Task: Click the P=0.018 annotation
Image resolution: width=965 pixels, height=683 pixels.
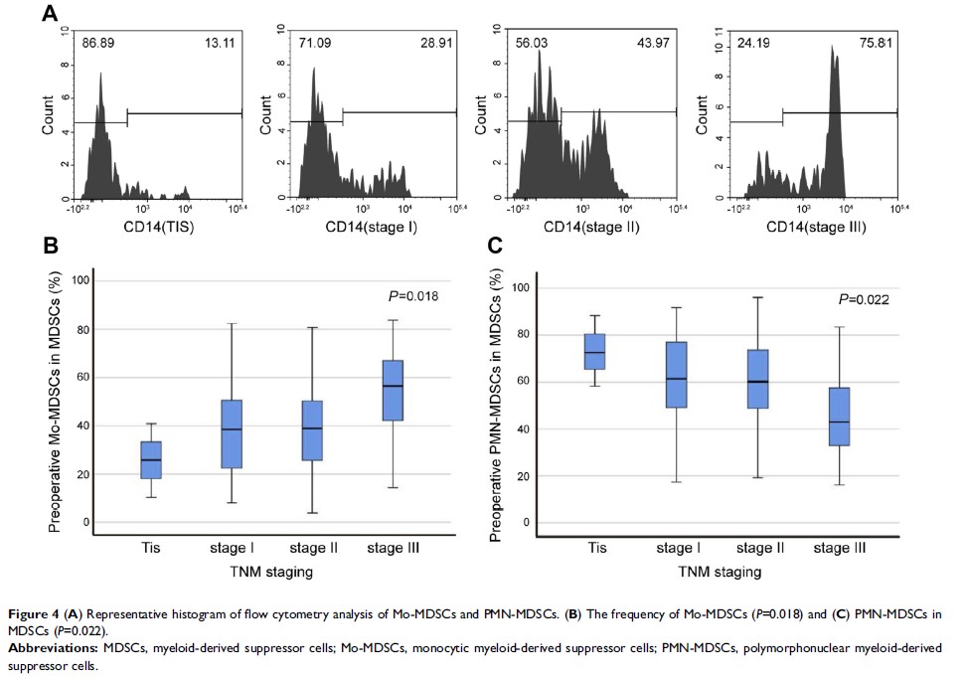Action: pos(412,295)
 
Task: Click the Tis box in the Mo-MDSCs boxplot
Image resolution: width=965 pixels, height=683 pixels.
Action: pos(150,460)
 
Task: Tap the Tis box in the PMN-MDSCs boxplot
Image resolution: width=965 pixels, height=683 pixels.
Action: pos(596,351)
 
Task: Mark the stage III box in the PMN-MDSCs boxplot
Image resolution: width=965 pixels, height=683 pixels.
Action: pos(839,417)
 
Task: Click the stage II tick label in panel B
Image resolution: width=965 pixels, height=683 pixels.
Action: pos(313,548)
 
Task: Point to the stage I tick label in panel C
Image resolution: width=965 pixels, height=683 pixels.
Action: pos(677,548)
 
